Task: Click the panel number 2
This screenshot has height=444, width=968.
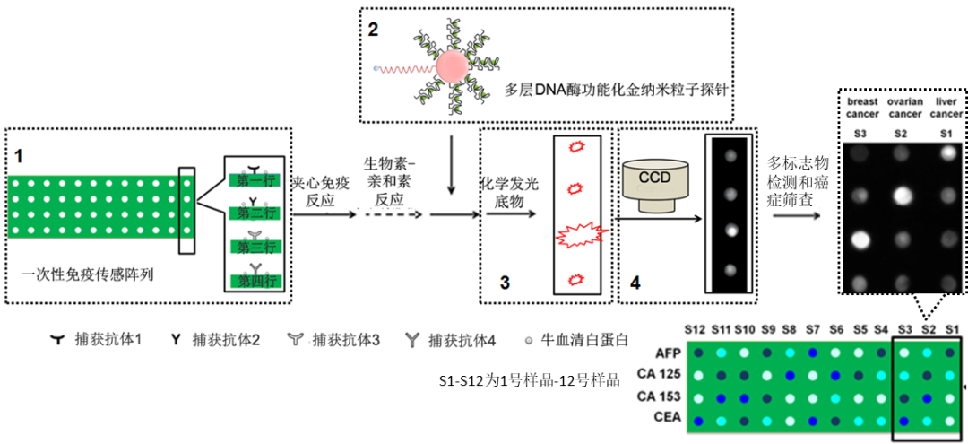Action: point(373,28)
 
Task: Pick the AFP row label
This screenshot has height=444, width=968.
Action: point(667,353)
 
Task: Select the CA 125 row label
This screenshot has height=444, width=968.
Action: point(661,375)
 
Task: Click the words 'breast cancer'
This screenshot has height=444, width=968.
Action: point(862,108)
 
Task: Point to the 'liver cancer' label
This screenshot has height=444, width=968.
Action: point(947,108)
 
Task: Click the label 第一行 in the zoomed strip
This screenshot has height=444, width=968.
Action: point(255,180)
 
